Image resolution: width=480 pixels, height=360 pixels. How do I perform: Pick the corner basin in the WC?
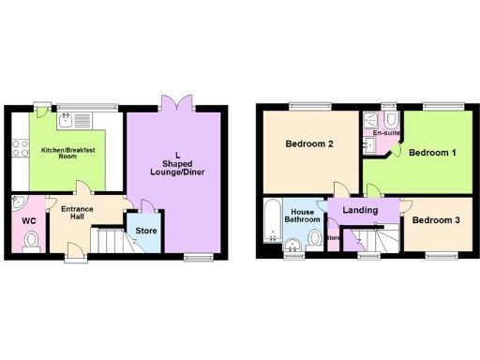click(18, 202)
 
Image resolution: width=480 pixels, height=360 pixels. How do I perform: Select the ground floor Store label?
click(145, 230)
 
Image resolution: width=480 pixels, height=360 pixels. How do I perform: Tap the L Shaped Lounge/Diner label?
click(176, 163)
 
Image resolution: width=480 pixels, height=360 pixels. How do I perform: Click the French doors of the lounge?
click(173, 103)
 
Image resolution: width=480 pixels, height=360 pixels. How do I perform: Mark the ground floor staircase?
click(108, 242)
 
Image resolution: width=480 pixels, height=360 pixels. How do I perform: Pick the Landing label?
click(360, 210)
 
